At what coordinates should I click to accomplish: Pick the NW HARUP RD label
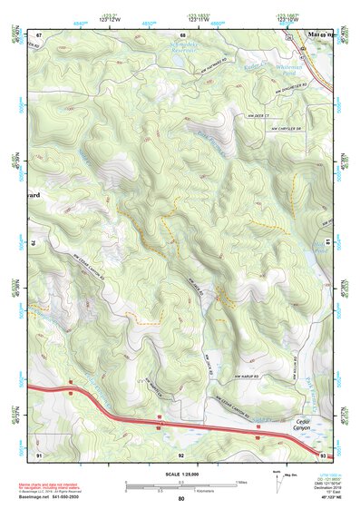coord(238,375)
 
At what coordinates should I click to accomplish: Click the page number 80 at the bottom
coord(181,500)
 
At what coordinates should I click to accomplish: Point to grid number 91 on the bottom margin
coord(39,454)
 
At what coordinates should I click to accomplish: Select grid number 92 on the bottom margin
coord(181,454)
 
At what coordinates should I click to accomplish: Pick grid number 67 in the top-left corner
coord(39,34)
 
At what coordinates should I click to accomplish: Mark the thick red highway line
coord(136,416)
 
